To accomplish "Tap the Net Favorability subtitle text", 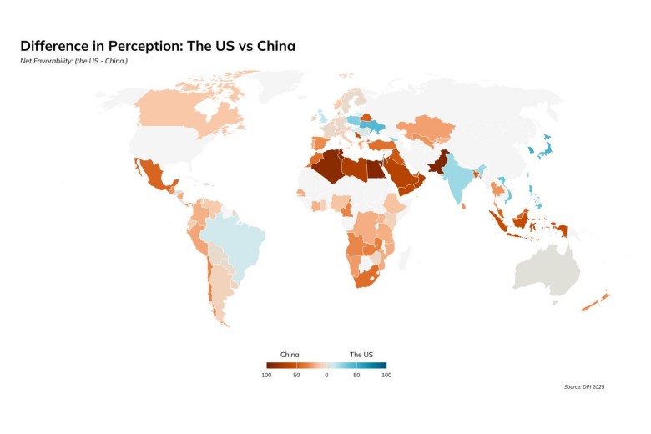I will pos(73,61).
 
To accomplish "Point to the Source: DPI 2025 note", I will pos(585,387).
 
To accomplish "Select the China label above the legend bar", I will pos(290,355).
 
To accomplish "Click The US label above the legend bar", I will pos(361,355).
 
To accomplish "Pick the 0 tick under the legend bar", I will pos(326,376).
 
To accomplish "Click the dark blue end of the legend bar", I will pos(382,366).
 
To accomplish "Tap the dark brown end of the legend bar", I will pos(270,366).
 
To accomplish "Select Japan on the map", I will pos(542,150).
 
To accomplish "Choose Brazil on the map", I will pos(242,242).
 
